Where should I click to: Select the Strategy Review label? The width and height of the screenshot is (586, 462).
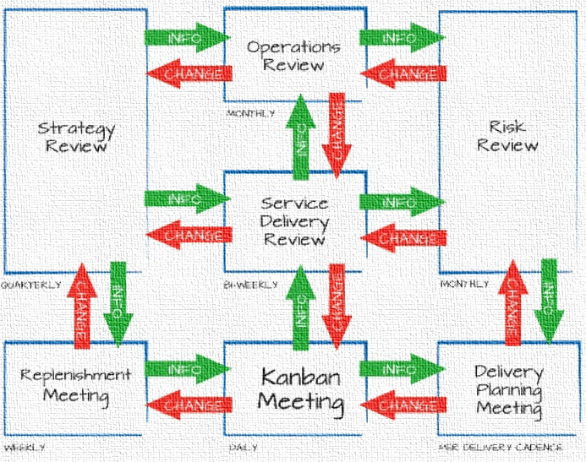(76, 137)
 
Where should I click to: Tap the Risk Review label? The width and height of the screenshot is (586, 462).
(507, 136)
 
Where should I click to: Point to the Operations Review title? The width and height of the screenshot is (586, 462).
(293, 56)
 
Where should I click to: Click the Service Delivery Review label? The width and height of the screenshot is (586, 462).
(293, 221)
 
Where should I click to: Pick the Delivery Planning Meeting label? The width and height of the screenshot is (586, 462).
(507, 389)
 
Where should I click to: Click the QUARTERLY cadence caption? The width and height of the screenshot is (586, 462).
(31, 285)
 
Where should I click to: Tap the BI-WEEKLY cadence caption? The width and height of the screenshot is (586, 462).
(250, 285)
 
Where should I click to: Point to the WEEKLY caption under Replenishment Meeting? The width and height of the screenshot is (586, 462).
(24, 447)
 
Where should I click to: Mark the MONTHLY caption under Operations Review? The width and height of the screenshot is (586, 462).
(250, 112)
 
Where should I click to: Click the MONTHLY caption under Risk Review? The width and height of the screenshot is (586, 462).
(464, 285)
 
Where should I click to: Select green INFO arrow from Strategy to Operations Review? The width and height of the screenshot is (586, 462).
(186, 38)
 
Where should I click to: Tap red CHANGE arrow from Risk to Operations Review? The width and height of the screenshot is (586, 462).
(403, 73)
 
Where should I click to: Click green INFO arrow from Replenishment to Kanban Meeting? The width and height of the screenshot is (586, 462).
(186, 368)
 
